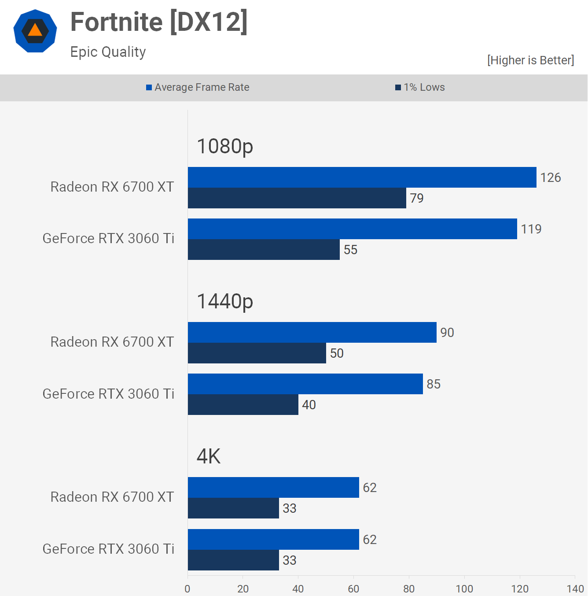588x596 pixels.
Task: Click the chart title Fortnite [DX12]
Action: click(159, 22)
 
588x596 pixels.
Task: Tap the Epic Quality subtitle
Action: click(108, 52)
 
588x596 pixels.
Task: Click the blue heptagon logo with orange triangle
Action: click(35, 31)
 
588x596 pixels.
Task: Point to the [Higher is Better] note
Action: click(530, 60)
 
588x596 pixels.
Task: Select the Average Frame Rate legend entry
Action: click(198, 87)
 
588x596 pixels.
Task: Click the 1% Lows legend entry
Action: click(420, 87)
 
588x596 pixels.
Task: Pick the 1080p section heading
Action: click(225, 146)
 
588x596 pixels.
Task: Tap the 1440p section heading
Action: click(225, 301)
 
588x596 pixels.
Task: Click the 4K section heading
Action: click(209, 456)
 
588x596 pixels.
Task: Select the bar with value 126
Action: click(362, 177)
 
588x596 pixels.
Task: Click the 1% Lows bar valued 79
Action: click(297, 198)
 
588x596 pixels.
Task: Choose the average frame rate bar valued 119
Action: click(352, 229)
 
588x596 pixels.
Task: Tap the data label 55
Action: click(350, 250)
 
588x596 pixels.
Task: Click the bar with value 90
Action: click(312, 332)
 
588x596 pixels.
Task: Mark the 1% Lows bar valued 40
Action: click(243, 404)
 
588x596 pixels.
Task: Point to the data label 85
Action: click(434, 384)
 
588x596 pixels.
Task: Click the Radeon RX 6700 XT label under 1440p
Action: click(112, 342)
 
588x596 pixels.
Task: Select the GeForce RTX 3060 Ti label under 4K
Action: click(108, 549)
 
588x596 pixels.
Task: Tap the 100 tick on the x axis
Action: click(464, 589)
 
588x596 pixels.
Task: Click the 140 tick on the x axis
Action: click(575, 589)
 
